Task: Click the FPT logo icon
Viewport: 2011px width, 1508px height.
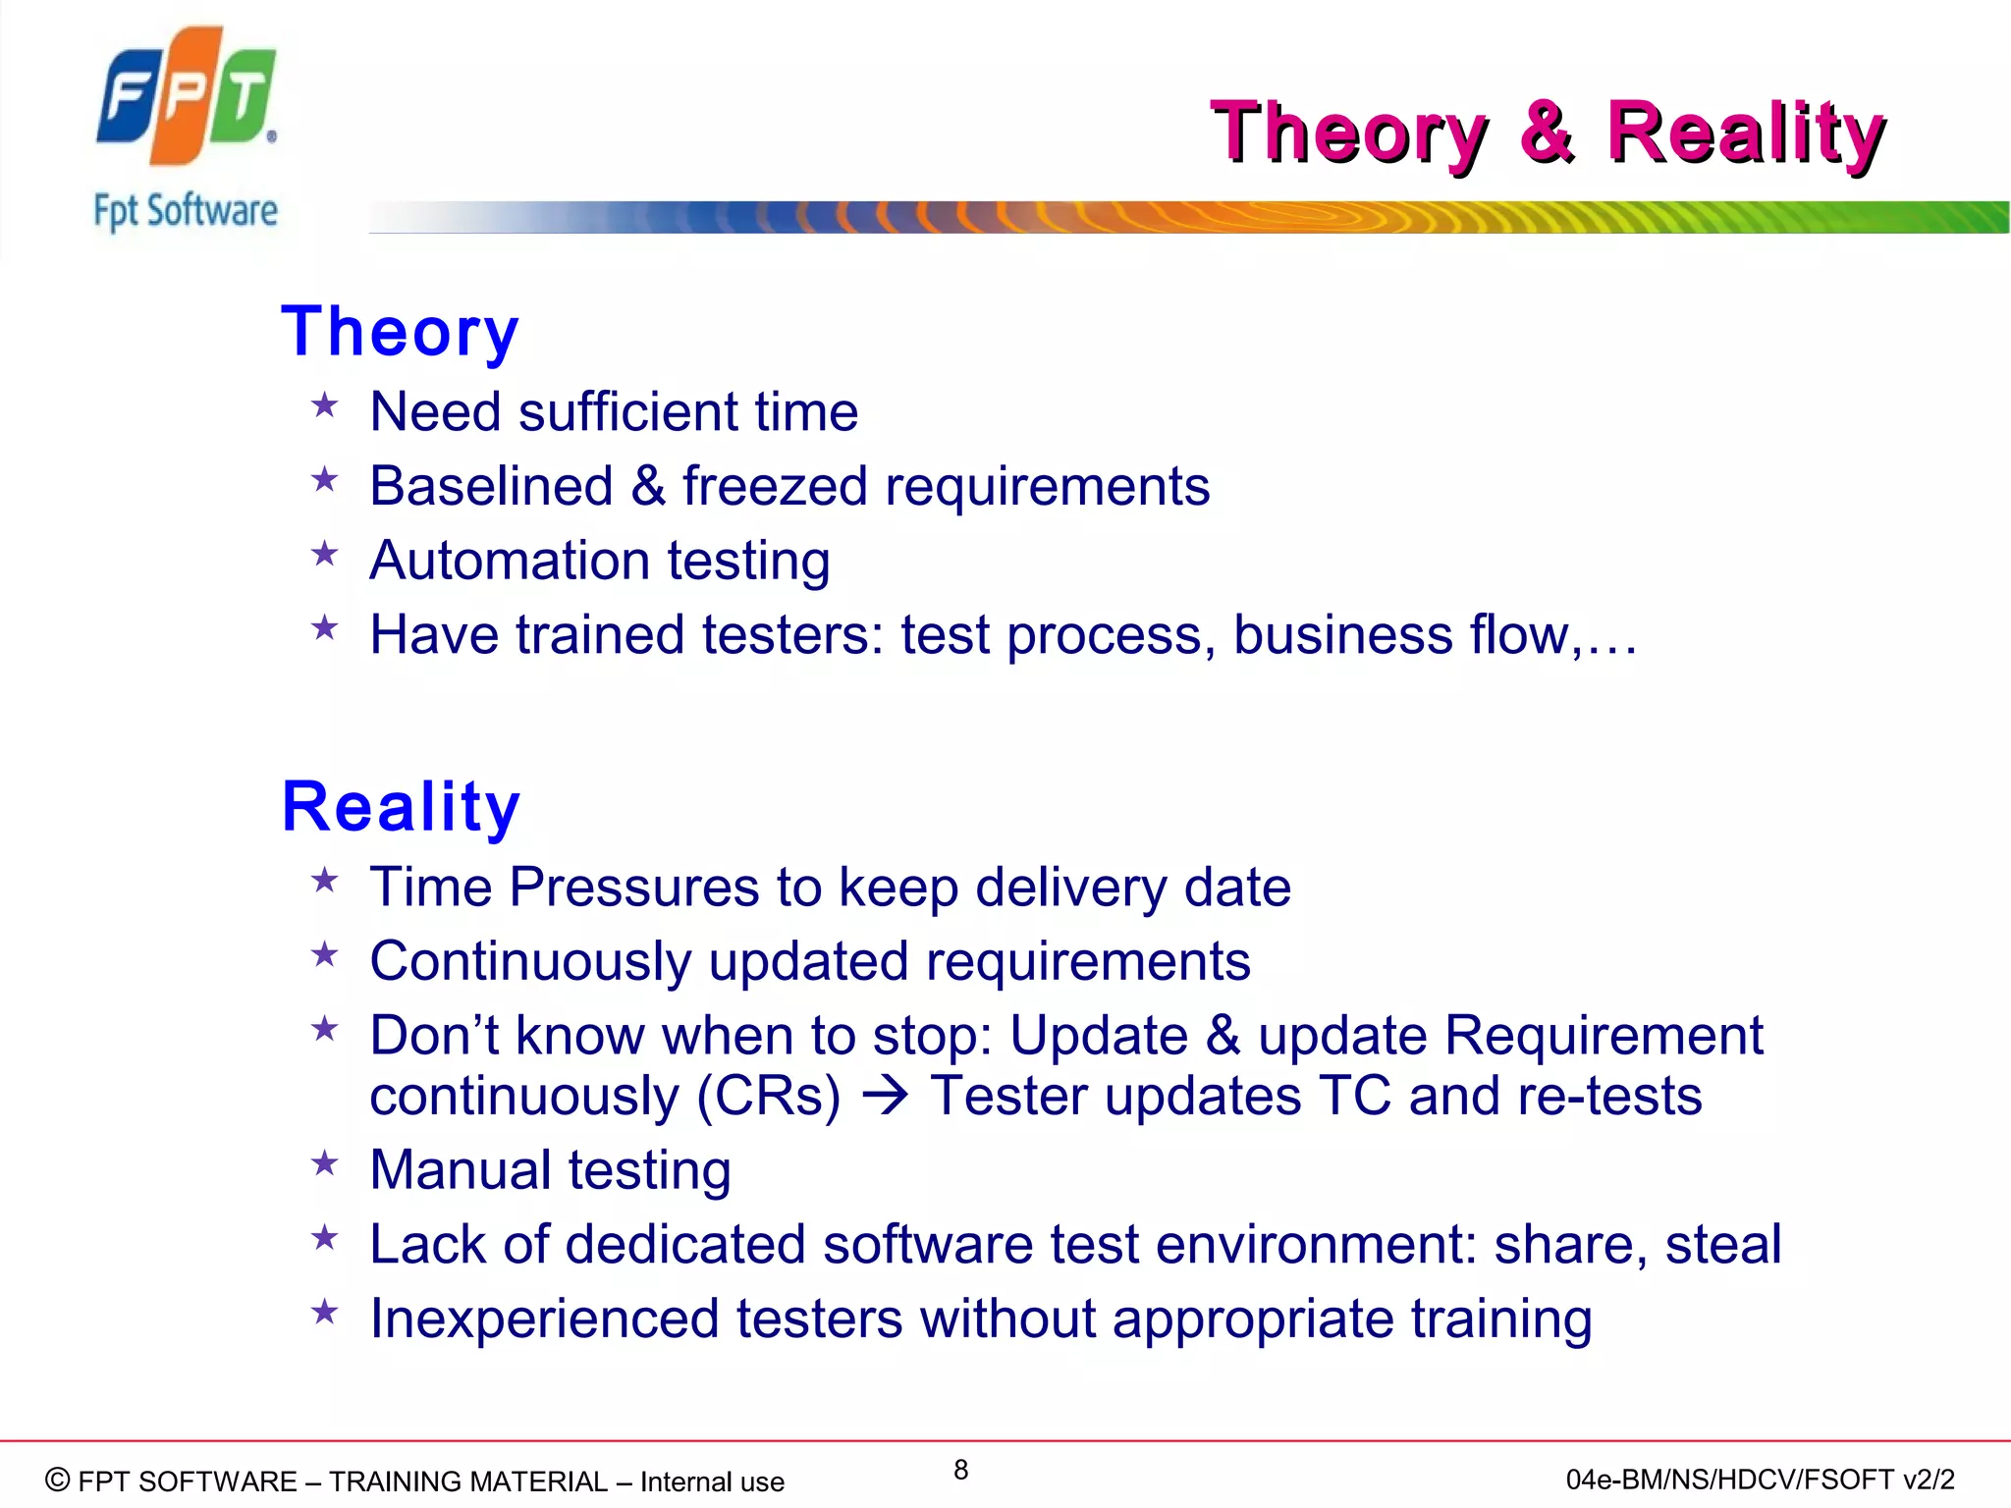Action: [x=187, y=95]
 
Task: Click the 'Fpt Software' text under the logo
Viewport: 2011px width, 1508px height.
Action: [x=186, y=211]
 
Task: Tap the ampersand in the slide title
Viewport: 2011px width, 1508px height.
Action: [x=1548, y=133]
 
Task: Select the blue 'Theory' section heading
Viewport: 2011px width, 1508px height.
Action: [x=400, y=332]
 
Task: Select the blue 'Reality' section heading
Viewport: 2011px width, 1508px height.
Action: [x=401, y=807]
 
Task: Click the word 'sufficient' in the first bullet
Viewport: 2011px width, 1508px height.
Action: [x=627, y=411]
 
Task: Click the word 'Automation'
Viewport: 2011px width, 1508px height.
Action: [x=509, y=561]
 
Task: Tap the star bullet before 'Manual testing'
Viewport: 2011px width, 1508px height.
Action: [x=324, y=1164]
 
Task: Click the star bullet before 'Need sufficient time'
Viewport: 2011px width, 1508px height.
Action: [x=324, y=405]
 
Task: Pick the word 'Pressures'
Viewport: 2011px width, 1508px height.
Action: [x=633, y=888]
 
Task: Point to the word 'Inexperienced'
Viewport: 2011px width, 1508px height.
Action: [x=544, y=1319]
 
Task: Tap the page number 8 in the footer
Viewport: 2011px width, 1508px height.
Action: [x=960, y=1470]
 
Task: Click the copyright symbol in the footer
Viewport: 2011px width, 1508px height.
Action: [x=58, y=1480]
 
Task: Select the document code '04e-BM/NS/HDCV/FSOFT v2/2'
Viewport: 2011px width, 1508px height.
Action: [x=1760, y=1480]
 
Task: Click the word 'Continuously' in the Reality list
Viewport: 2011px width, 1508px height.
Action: [x=530, y=961]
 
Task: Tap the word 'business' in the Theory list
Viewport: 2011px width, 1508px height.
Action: [x=1342, y=635]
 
